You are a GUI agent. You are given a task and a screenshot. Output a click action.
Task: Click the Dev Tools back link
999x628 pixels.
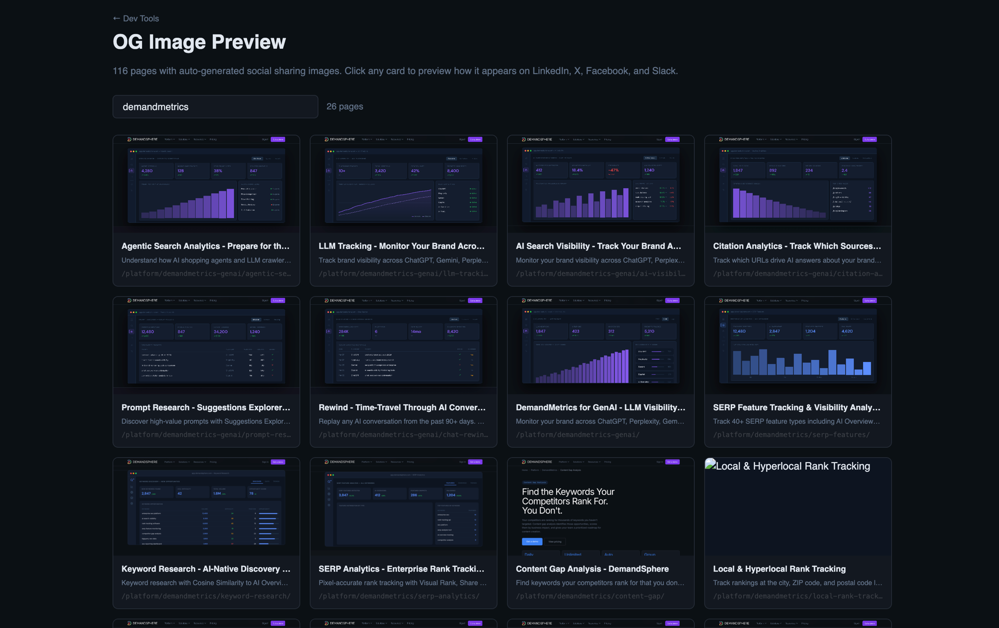[136, 18]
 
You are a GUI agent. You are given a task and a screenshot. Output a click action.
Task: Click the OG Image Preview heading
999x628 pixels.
[199, 42]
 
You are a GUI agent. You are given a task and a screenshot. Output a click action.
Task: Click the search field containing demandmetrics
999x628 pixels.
[215, 107]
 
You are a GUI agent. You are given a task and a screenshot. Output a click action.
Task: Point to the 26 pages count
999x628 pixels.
[345, 106]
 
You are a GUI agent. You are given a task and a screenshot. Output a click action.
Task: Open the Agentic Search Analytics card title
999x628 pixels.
[205, 246]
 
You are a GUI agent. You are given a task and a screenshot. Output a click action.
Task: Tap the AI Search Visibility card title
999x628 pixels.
[598, 246]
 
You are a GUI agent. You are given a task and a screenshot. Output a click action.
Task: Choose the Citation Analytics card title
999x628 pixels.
[797, 246]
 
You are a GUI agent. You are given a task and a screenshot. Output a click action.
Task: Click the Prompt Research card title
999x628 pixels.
[205, 407]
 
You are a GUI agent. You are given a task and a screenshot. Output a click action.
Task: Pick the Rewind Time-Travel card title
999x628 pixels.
[402, 407]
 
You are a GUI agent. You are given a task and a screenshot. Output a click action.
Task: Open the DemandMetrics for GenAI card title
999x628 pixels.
[600, 407]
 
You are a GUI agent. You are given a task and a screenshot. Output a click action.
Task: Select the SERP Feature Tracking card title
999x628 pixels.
[796, 407]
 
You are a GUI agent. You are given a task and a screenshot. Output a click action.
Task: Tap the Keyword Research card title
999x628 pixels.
[205, 569]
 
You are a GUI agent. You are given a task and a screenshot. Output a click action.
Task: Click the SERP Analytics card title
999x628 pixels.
[401, 569]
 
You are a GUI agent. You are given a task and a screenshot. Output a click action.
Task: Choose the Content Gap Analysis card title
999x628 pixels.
[592, 569]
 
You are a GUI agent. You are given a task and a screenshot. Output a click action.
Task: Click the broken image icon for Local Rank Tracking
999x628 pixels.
[710, 465]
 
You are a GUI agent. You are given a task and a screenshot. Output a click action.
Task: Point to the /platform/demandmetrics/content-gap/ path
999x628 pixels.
[590, 596]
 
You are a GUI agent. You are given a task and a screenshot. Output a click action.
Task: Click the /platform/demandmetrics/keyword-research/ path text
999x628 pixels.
[205, 596]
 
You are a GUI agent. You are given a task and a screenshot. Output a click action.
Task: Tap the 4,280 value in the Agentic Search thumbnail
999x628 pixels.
[147, 171]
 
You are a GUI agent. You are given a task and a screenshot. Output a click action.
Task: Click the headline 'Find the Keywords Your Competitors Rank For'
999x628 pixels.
[568, 501]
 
